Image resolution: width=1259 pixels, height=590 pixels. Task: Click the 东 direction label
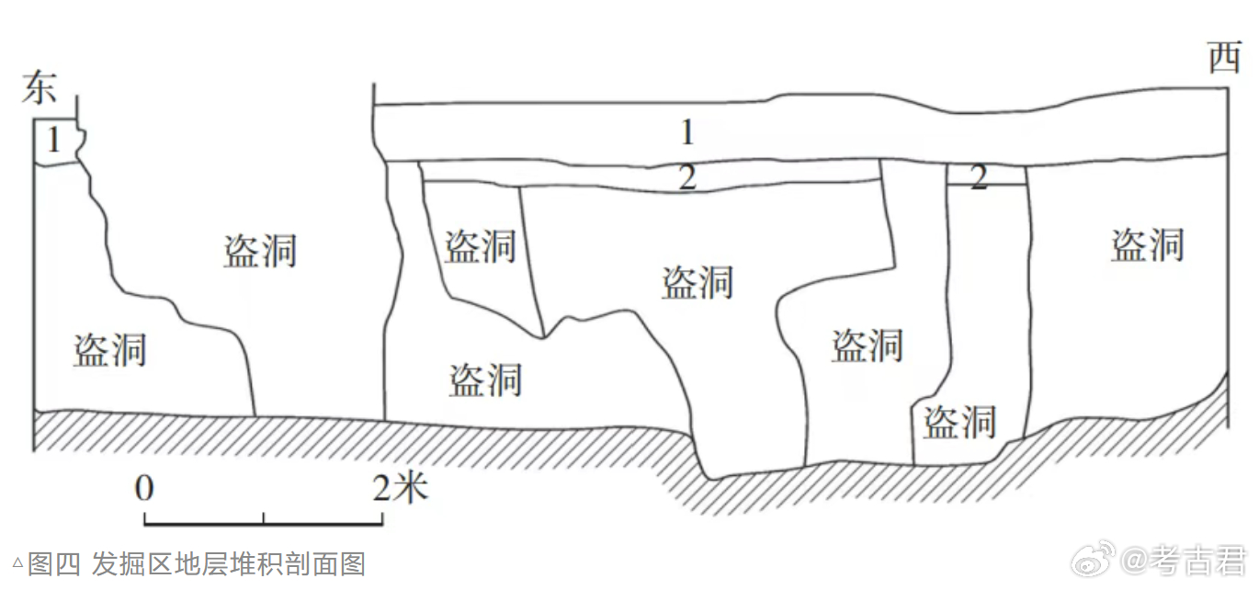click(40, 87)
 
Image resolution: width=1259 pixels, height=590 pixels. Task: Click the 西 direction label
click(1224, 60)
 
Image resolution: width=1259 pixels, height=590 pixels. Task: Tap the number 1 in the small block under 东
click(53, 141)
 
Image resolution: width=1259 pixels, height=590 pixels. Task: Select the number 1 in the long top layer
click(686, 133)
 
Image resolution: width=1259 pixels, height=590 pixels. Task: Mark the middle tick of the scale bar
click(264, 517)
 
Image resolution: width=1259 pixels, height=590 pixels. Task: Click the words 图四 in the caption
click(55, 563)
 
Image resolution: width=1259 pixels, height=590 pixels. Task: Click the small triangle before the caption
click(17, 561)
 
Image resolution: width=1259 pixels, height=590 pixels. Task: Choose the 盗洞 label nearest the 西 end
click(1147, 245)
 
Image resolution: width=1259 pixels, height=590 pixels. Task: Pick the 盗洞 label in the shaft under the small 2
click(959, 422)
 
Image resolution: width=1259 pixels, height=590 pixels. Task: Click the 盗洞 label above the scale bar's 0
click(110, 350)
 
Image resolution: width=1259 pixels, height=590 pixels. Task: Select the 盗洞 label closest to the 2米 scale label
click(485, 380)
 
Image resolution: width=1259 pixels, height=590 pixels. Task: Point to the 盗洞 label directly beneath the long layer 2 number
click(698, 282)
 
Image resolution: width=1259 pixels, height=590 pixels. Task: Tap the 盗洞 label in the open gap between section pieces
click(260, 250)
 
